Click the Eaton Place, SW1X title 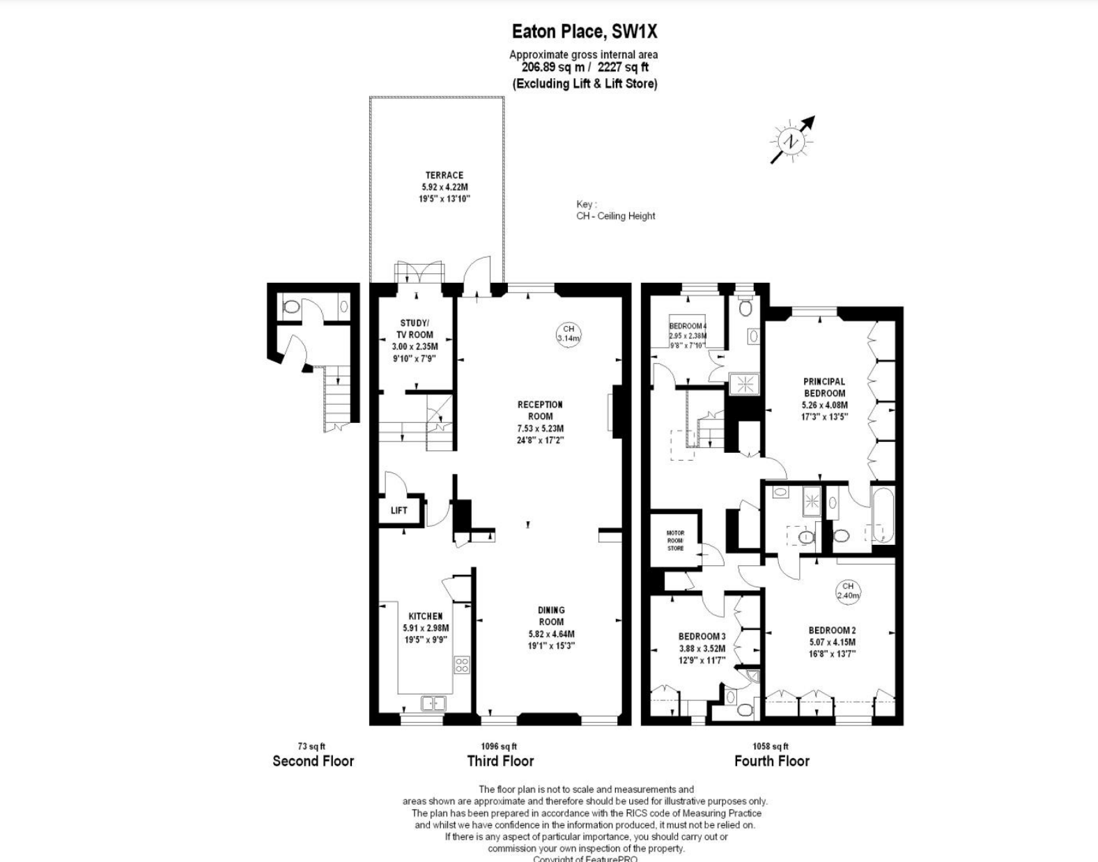(584, 31)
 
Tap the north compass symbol (791, 141)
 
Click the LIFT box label (399, 510)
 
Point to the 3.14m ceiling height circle (569, 334)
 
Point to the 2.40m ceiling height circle (848, 591)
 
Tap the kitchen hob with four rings (462, 664)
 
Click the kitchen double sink (433, 703)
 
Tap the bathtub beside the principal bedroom (881, 515)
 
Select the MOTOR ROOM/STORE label (675, 541)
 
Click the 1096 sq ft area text (499, 746)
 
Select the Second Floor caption (313, 761)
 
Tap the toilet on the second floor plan (291, 306)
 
